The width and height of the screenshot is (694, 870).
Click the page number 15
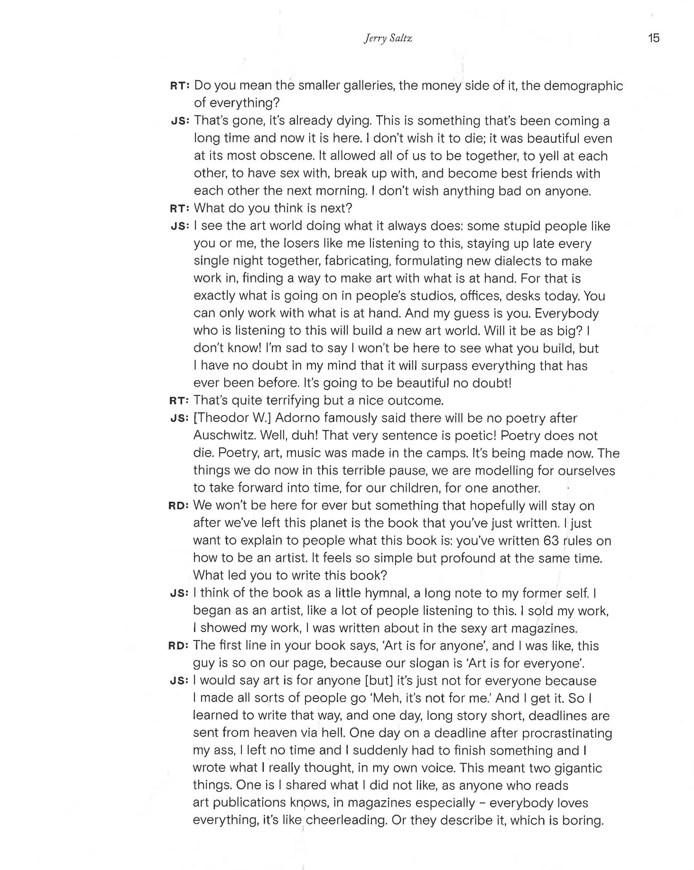click(653, 38)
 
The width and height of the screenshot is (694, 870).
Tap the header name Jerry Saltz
click(388, 38)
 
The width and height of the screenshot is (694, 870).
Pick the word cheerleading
click(346, 820)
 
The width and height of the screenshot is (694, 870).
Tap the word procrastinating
click(567, 733)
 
